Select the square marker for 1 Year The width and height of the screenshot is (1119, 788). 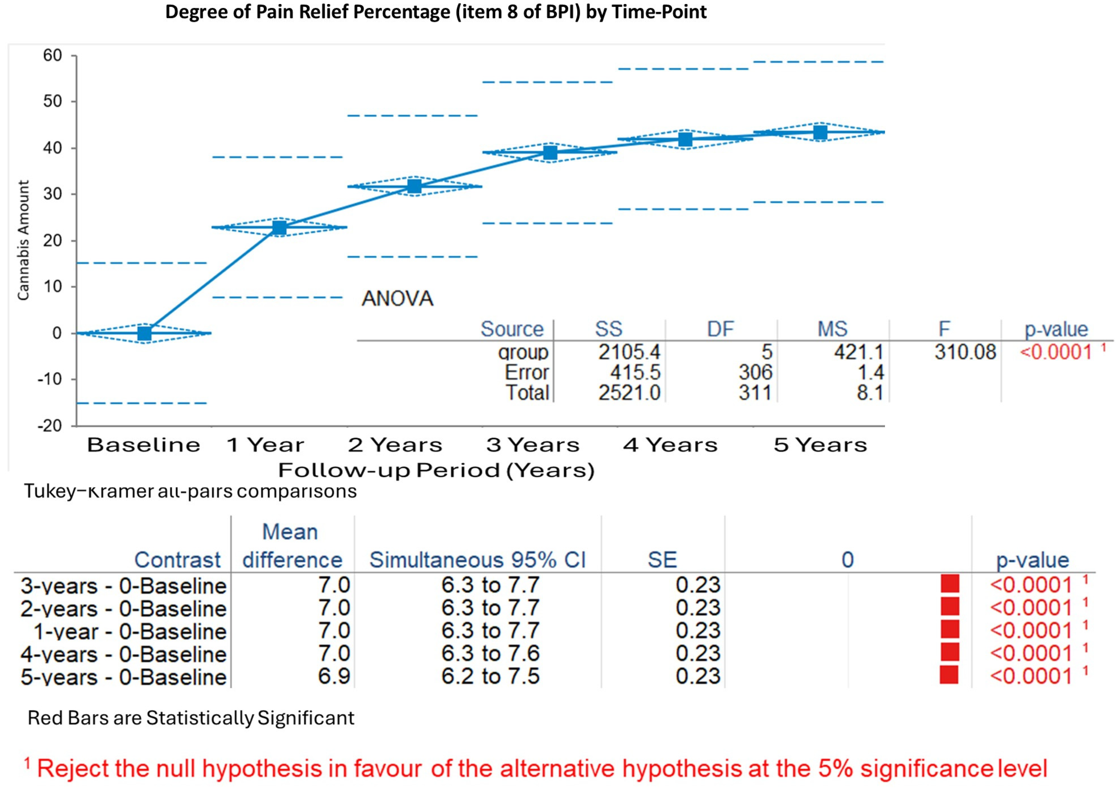279,227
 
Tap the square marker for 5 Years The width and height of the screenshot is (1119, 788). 821,132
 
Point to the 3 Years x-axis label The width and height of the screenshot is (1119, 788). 533,445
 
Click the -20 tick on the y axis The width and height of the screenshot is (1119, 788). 50,426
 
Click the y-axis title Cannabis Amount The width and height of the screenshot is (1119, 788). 23,240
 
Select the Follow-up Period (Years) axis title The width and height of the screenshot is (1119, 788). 436,470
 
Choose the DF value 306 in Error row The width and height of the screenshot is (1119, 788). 755,373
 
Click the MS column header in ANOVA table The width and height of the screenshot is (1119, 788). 833,329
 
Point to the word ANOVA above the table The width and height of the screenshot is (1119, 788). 397,299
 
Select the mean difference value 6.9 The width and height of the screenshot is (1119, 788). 334,676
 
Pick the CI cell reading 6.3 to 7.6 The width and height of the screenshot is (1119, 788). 490,653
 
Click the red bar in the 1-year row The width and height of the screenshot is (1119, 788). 950,630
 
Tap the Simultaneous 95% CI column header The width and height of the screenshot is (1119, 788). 477,560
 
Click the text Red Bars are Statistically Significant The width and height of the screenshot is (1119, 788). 191,718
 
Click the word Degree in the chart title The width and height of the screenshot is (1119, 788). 195,12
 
